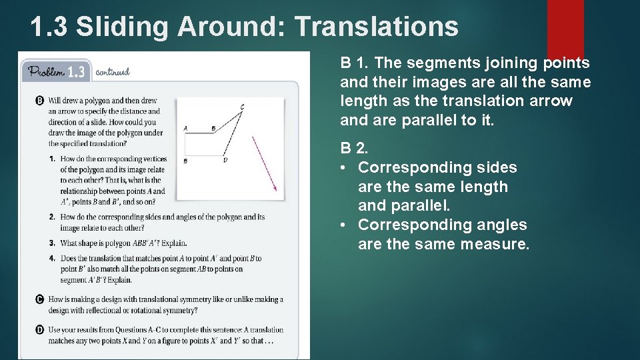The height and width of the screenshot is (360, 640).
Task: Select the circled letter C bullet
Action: [x=39, y=299]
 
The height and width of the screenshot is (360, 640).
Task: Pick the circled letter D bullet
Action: [x=39, y=329]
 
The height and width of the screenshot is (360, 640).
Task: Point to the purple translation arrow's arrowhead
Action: [x=273, y=188]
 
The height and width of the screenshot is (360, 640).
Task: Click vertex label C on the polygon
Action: [x=242, y=107]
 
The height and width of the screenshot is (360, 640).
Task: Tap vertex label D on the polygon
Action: [x=225, y=161]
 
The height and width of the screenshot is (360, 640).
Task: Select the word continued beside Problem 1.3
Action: [x=113, y=72]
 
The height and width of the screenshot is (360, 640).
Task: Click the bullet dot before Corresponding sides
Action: [x=344, y=168]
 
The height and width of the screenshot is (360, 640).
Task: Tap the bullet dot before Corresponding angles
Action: [x=344, y=225]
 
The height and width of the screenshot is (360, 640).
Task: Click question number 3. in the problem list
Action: [x=52, y=243]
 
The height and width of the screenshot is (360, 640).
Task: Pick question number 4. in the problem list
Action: [x=52, y=258]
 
